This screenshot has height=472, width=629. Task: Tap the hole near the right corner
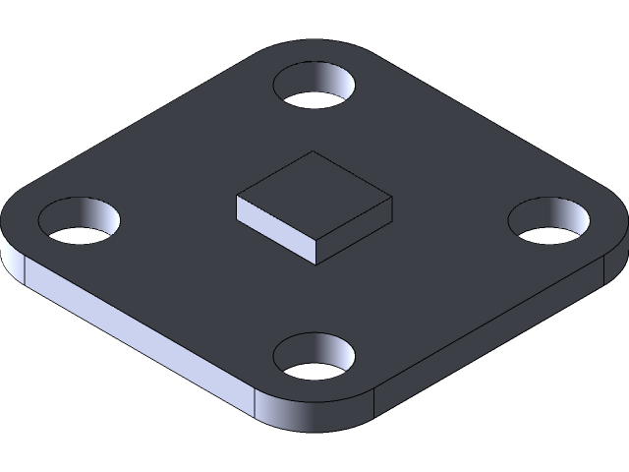point(549,223)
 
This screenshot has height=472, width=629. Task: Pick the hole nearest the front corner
point(314,359)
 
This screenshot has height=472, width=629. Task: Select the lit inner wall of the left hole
point(98,212)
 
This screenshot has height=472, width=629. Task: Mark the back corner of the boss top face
point(314,152)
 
